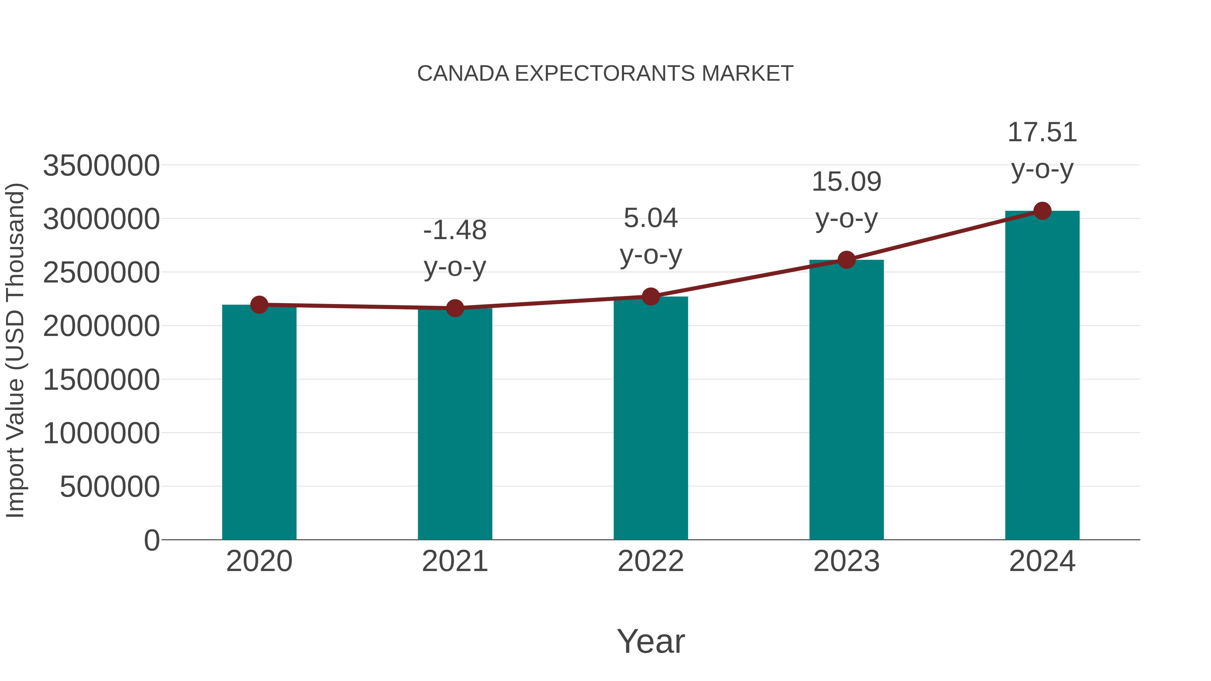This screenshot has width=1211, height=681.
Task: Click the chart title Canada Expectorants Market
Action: [605, 74]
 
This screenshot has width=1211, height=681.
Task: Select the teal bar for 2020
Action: [259, 423]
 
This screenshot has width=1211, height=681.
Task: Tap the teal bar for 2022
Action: [651, 418]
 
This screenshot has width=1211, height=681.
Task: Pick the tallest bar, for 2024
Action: [1042, 376]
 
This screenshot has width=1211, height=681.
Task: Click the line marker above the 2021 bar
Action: [454, 308]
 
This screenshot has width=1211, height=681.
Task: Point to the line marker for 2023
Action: [846, 259]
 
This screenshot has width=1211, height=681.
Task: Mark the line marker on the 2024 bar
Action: [1042, 211]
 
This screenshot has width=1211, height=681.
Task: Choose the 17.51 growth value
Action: [1042, 133]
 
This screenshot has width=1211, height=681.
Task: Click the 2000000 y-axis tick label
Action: [101, 326]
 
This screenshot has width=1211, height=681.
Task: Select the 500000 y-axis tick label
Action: [110, 487]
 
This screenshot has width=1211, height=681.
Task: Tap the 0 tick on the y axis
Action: [151, 540]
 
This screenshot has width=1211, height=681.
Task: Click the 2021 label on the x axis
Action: [454, 561]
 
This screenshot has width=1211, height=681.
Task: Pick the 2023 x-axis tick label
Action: [846, 561]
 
